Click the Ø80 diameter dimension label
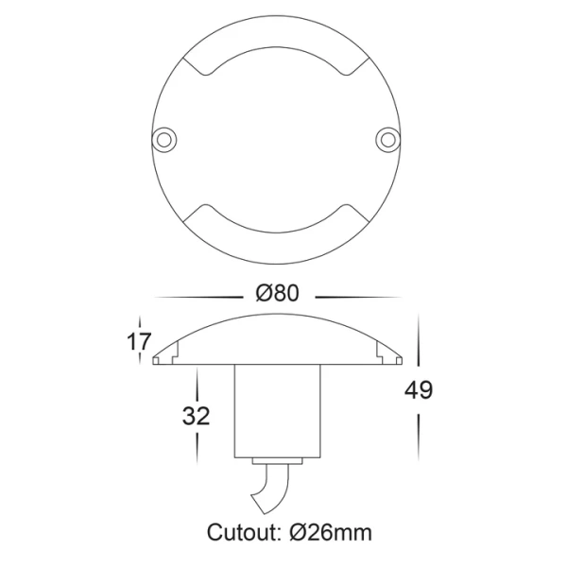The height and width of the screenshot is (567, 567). [x=277, y=293]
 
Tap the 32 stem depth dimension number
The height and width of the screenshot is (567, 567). [x=197, y=415]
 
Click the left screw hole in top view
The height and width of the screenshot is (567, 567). [x=165, y=139]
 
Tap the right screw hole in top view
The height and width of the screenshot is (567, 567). [x=388, y=139]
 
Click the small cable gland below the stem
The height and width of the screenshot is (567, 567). [x=277, y=460]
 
